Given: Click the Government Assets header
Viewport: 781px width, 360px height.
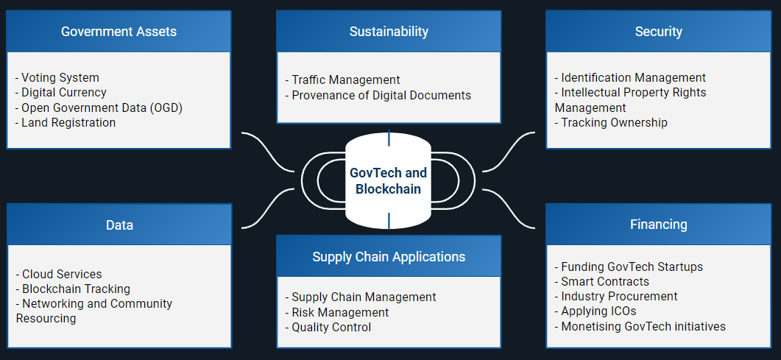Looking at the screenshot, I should tap(119, 32).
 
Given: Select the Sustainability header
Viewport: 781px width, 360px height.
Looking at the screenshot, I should tap(389, 32).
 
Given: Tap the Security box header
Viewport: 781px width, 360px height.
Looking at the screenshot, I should tap(658, 32).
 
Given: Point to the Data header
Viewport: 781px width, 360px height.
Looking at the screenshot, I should tap(119, 225).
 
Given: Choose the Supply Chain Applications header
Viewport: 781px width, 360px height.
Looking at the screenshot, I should tap(389, 256).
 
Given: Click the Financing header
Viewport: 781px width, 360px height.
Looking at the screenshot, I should tap(658, 225).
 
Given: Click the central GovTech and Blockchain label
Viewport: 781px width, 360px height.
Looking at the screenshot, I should tap(388, 180).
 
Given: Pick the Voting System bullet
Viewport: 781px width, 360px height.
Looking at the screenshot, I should tap(60, 77).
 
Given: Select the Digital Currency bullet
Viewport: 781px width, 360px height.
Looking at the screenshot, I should tap(63, 93).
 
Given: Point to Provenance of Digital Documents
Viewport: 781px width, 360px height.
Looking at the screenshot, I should tap(381, 95).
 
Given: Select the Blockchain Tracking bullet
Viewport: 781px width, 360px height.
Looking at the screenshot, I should tap(76, 289).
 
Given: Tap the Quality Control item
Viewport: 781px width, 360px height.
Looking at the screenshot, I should tap(331, 327).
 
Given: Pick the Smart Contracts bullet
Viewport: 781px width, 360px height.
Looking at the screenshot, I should tap(604, 281).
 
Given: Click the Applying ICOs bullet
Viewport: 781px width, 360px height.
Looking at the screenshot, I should tap(598, 311).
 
